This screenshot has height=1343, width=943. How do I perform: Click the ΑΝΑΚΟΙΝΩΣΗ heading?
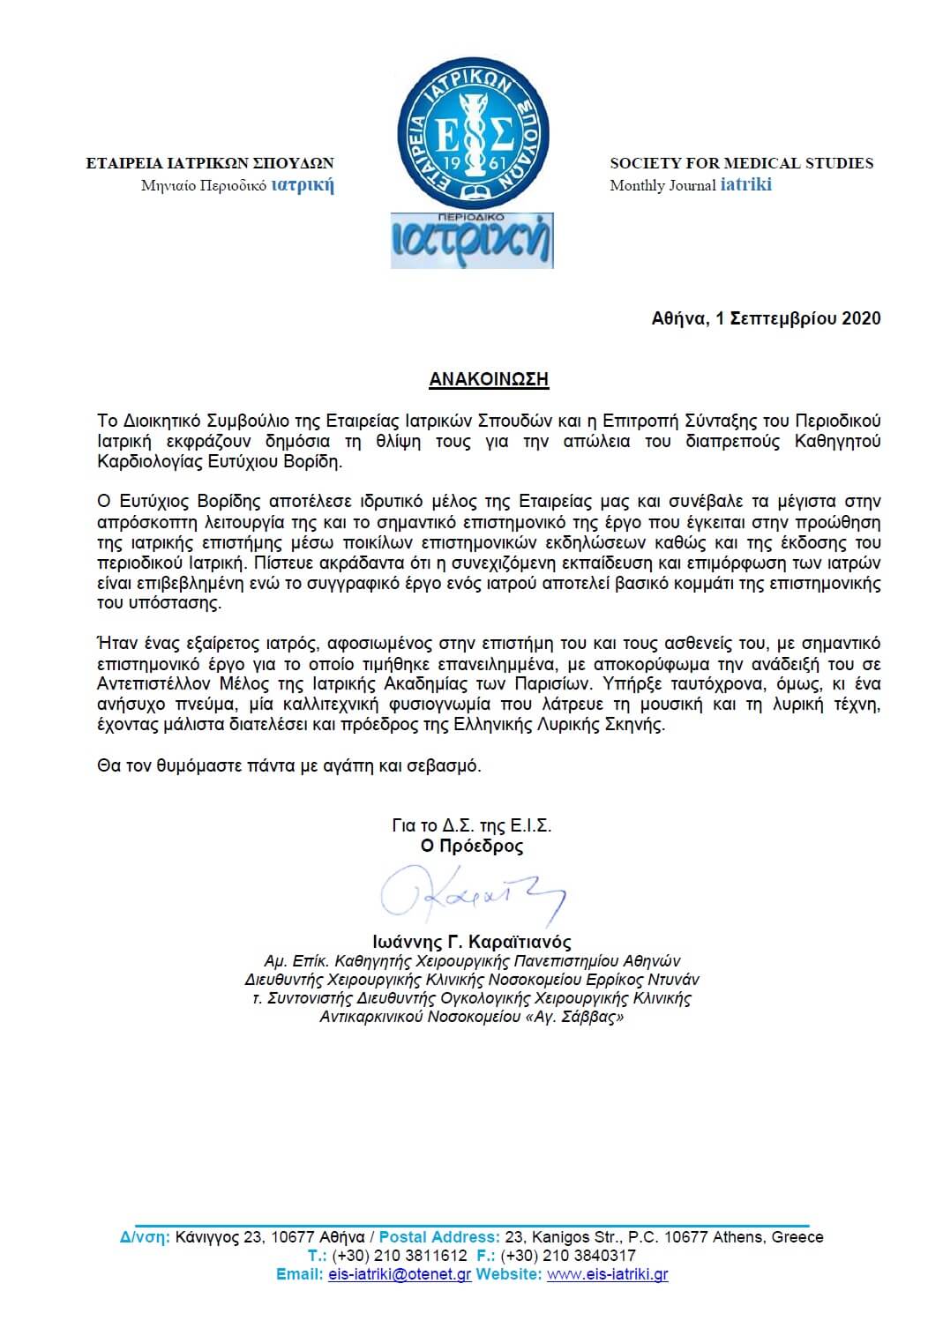tap(489, 379)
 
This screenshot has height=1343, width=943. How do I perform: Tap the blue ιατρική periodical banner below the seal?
tap(472, 241)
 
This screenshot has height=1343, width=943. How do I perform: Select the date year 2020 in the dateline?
tap(861, 318)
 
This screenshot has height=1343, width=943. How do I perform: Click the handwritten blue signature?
tap(472, 896)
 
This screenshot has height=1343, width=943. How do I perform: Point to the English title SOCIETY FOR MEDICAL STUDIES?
tap(741, 163)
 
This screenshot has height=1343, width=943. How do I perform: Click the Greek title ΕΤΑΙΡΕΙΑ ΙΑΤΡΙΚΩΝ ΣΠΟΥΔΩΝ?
tap(210, 163)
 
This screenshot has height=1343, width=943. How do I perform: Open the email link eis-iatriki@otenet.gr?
tap(400, 1274)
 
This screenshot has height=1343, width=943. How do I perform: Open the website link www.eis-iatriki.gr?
tap(607, 1274)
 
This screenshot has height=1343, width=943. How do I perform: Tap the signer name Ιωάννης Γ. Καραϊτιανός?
tap(472, 942)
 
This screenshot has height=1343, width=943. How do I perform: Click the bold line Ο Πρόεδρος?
tap(472, 847)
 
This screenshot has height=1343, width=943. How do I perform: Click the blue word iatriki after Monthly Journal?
tap(745, 184)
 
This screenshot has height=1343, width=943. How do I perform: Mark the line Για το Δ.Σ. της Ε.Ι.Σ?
tap(472, 826)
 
